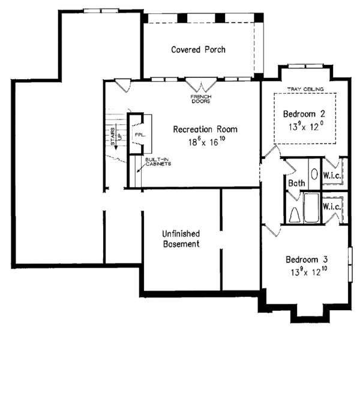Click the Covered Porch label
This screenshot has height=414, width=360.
[x=198, y=50]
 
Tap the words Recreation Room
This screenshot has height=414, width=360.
[x=205, y=129]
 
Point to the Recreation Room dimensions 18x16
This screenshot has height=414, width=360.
[x=206, y=142]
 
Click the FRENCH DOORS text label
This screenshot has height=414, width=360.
[x=200, y=98]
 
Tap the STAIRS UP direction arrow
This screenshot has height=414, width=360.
[x=119, y=137]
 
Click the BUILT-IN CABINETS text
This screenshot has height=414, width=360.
[x=158, y=161]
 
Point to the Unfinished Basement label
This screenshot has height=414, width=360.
[x=181, y=239]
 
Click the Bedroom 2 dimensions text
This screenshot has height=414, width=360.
[x=306, y=127]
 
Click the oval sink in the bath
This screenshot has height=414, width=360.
[x=314, y=175]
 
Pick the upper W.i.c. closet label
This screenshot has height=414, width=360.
[x=332, y=176]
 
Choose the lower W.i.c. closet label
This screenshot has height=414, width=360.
[x=332, y=206]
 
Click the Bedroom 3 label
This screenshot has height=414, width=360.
[x=307, y=260]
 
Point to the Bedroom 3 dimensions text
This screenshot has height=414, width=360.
[x=307, y=273]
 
